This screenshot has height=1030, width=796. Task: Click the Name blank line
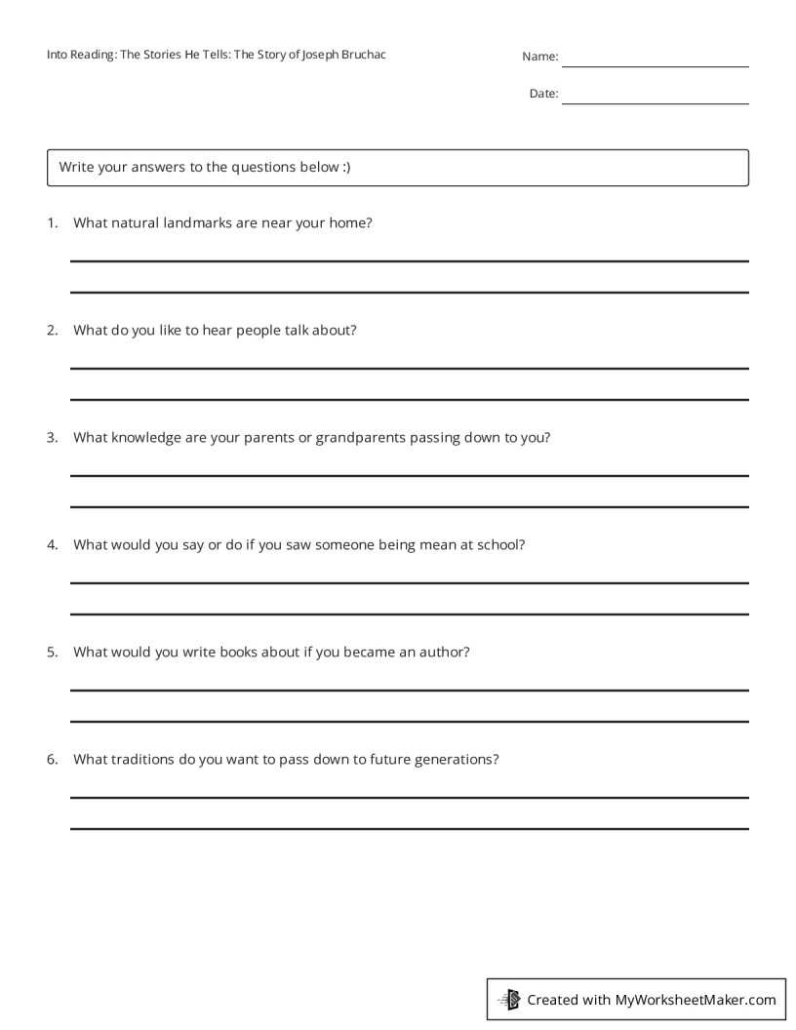[655, 64]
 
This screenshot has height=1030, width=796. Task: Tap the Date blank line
[655, 101]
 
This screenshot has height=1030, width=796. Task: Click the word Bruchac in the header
[362, 55]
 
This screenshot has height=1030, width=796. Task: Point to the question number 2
[52, 330]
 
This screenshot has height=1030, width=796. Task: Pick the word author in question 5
[443, 652]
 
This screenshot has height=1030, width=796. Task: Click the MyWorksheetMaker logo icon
[509, 1000]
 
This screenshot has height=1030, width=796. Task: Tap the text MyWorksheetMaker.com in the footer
[696, 1000]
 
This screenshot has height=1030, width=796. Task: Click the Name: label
[539, 57]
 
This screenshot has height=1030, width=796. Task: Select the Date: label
[543, 94]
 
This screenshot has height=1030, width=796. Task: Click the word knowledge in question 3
[146, 437]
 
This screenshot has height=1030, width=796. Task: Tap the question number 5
[52, 652]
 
